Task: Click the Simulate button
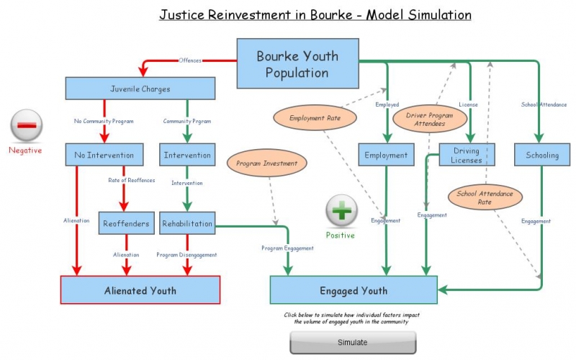tap(352, 342)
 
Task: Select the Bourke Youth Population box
tap(297, 64)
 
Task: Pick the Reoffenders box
tap(125, 223)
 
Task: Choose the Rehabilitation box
tap(187, 223)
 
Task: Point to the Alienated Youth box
tap(140, 290)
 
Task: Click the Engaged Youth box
tap(353, 290)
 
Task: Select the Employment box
tap(386, 155)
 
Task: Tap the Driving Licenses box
tap(467, 155)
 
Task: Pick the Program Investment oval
tap(266, 163)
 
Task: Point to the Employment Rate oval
tap(313, 117)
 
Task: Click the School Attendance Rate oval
tap(485, 198)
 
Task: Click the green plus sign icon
tap(340, 212)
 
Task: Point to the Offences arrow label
tap(190, 60)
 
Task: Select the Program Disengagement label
tap(186, 255)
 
